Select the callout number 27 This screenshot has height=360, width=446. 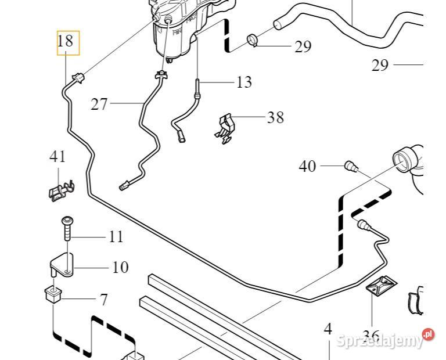click(x=99, y=104)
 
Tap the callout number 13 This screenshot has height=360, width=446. click(x=244, y=82)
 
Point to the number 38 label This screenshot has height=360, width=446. click(x=275, y=118)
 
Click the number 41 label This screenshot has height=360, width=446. click(x=57, y=156)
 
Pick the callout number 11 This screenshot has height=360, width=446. click(x=116, y=237)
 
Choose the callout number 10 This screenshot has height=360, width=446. click(x=120, y=268)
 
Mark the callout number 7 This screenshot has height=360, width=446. click(x=103, y=300)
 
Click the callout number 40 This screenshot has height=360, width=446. click(x=307, y=167)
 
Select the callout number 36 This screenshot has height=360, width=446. click(x=371, y=336)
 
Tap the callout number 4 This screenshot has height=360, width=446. click(x=328, y=329)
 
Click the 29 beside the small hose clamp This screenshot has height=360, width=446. click(x=303, y=47)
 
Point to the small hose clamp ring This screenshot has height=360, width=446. click(x=253, y=40)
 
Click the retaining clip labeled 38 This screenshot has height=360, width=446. click(x=226, y=127)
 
